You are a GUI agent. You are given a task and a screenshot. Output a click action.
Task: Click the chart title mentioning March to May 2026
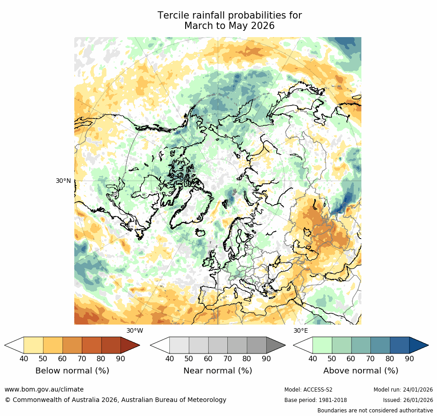coord(230,21)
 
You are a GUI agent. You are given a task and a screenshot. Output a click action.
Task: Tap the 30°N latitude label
coord(63,181)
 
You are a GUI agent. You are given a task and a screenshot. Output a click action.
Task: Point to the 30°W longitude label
coord(134,330)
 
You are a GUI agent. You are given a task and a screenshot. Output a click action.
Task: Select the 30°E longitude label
coord(300,330)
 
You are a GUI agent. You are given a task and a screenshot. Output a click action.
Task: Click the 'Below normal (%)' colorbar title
coord(72,371)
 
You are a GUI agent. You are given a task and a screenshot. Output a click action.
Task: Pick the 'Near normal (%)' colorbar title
coord(218,371)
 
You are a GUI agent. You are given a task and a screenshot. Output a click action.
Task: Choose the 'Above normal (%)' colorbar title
coord(361,371)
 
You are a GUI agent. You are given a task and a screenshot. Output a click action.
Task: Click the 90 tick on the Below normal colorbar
coord(120,359)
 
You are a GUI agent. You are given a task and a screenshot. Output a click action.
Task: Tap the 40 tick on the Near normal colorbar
coord(169,359)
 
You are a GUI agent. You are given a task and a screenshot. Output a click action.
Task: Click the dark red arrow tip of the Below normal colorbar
coord(131,345)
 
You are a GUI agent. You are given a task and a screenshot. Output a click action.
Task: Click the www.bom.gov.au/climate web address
coord(44,389)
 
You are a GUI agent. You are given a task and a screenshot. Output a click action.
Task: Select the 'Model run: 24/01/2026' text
coord(403,390)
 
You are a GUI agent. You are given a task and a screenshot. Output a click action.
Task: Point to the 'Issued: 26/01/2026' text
coord(408,400)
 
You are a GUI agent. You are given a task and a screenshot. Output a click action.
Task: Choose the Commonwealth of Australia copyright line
coord(115,400)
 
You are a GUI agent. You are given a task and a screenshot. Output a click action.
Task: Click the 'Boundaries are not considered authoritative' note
coord(375,411)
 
